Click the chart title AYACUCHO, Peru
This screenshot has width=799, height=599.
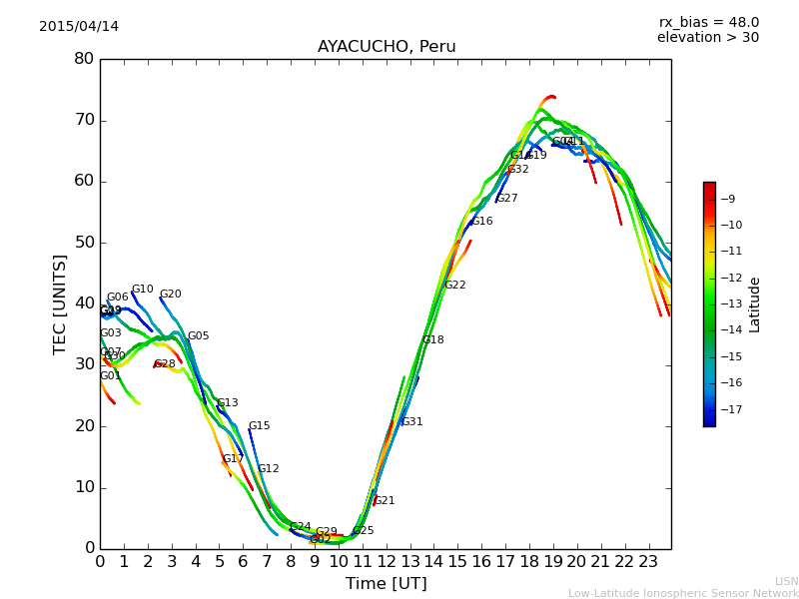pyautogui.click(x=387, y=47)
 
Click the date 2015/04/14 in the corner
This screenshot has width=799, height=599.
pyautogui.click(x=79, y=27)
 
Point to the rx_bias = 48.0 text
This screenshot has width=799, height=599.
pyautogui.click(x=708, y=22)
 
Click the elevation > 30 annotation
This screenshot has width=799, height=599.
pyautogui.click(x=707, y=38)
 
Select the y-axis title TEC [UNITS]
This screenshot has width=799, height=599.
pyautogui.click(x=60, y=303)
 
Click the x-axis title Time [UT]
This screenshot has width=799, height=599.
pyautogui.click(x=386, y=584)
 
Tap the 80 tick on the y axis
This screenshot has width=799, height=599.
pyautogui.click(x=84, y=59)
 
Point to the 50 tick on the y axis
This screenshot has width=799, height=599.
pyautogui.click(x=84, y=243)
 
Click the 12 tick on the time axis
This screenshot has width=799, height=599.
pyautogui.click(x=386, y=562)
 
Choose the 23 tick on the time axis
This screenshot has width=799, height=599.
pyautogui.click(x=647, y=562)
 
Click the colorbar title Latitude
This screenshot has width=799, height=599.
pyautogui.click(x=755, y=304)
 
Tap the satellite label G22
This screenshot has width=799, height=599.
pyautogui.click(x=454, y=286)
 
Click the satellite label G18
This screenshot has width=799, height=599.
pyautogui.click(x=432, y=340)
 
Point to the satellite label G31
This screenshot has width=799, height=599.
pyautogui.click(x=411, y=422)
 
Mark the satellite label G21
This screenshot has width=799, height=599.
pyautogui.click(x=384, y=501)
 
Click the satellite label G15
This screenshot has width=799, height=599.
pyautogui.click(x=259, y=426)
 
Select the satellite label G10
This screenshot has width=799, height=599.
pyautogui.click(x=142, y=290)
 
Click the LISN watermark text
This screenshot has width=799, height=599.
pyautogui.click(x=786, y=581)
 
